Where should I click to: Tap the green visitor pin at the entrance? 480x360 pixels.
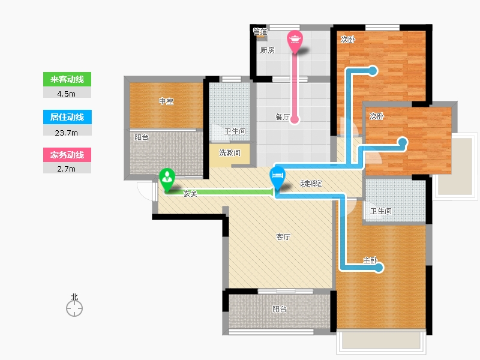pos(167,179)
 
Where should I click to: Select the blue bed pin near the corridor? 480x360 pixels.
pos(277,178)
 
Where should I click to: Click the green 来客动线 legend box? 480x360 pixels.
pos(67,79)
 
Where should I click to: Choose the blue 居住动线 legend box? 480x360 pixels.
pos(67,117)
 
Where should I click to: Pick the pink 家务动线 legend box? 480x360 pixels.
pos(67,155)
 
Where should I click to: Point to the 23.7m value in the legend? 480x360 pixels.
pos(66,133)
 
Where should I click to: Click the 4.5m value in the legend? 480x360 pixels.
pos(66,94)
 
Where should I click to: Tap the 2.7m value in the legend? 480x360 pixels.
pos(66,169)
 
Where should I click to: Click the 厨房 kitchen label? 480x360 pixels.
pos(267,50)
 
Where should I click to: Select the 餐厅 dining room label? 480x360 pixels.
pos(282,116)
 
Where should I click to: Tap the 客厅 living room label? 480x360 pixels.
pos(283,236)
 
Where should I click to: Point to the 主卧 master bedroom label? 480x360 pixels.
pos(370,260)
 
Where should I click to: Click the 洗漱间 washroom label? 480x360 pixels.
pos(230,152)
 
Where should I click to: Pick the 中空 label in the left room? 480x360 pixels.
pos(166,101)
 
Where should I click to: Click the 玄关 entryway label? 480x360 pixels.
pos(190,193)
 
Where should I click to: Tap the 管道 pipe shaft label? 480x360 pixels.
pos(260,32)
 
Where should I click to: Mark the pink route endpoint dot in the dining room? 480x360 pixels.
pos(295,119)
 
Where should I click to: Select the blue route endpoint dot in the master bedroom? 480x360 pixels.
pos(379,268)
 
